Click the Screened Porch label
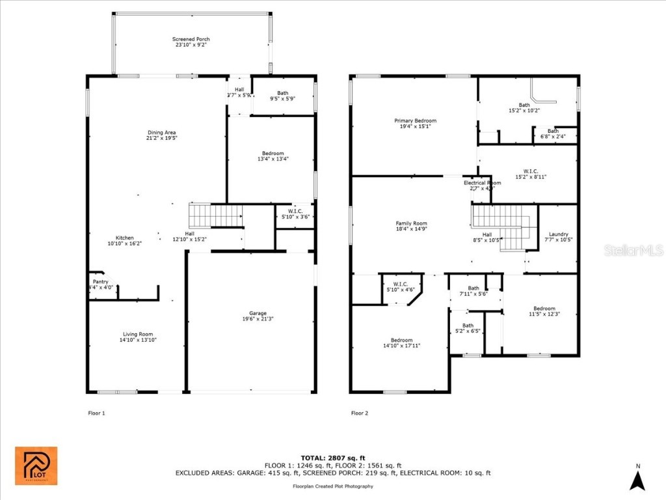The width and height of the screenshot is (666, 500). pyautogui.click(x=191, y=39)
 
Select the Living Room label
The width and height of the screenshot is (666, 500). pyautogui.click(x=137, y=334)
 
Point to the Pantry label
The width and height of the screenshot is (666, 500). pyautogui.click(x=100, y=281)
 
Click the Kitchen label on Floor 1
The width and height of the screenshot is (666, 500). pyautogui.click(x=124, y=238)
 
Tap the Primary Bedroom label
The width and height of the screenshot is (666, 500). pyautogui.click(x=415, y=120)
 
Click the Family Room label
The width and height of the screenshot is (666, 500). pyautogui.click(x=411, y=223)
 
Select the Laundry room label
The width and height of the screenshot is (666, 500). pyautogui.click(x=558, y=234)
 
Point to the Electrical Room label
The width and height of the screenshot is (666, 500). pyautogui.click(x=482, y=183)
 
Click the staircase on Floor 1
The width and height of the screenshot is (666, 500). pyautogui.click(x=215, y=215)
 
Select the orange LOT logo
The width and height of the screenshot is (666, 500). pyautogui.click(x=36, y=466)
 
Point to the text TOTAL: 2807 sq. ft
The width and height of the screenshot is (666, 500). pyautogui.click(x=332, y=458)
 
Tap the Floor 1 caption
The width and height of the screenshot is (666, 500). pyautogui.click(x=96, y=413)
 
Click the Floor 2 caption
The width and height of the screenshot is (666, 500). pyautogui.click(x=360, y=413)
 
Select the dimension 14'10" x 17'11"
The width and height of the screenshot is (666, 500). pyautogui.click(x=401, y=346)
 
